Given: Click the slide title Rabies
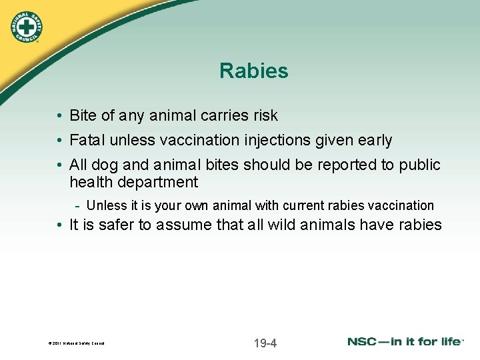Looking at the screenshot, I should point(253,71).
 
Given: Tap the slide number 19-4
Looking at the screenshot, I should point(265,343).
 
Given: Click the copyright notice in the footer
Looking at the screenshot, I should point(77,344).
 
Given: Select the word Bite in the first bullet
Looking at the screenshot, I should point(83,115).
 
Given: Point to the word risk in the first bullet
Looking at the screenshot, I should point(265,115).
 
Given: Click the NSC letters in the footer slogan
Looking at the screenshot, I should point(365,341).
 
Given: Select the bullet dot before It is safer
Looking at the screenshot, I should point(59,225).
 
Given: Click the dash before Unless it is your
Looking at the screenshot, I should point(79,205).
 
